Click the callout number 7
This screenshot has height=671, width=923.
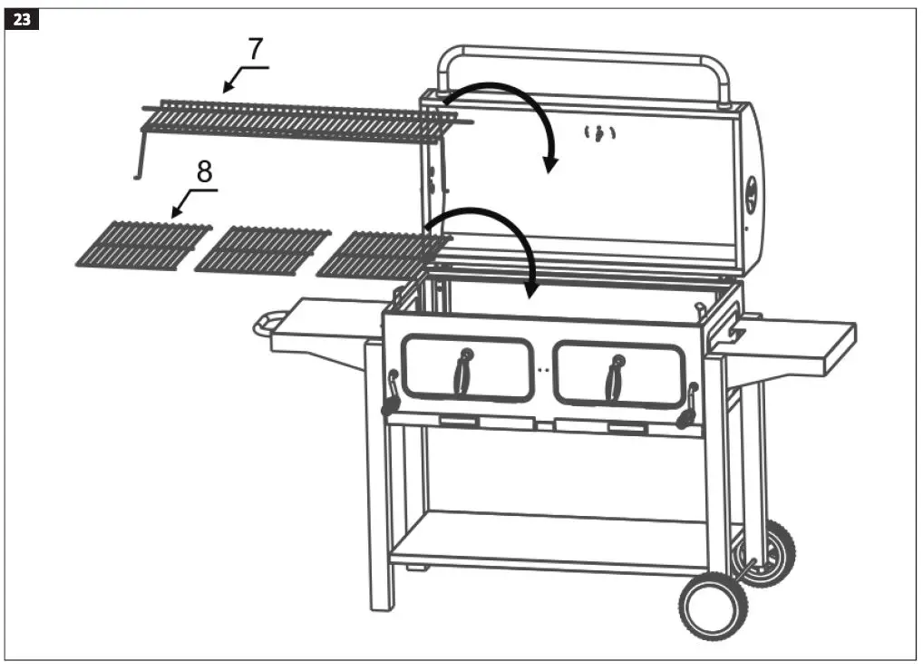pyautogui.click(x=257, y=50)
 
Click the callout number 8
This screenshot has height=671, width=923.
pyautogui.click(x=205, y=171)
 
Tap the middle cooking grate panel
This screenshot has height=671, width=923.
pyautogui.click(x=264, y=249)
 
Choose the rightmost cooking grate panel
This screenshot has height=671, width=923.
pyautogui.click(x=381, y=254)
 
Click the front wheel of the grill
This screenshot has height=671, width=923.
pyautogui.click(x=711, y=605)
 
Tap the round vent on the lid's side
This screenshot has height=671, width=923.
pyautogui.click(x=752, y=194)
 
